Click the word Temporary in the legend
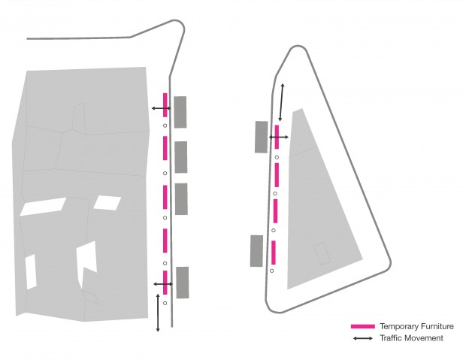coord(398,327)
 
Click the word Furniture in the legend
coord(436,327)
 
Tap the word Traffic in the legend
coord(392,338)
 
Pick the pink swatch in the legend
coord(362,327)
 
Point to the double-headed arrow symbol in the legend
coord(362,338)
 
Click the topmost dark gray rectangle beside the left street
coord(180,111)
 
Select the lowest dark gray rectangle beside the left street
coord(182,283)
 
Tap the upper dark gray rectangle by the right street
coord(262,136)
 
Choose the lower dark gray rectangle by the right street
coord(257,250)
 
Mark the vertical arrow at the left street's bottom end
coord(158,313)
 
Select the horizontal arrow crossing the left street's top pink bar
coord(160,109)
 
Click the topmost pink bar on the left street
coord(165,105)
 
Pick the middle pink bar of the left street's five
coord(165,196)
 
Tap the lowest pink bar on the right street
coord(274,252)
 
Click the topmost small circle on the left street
coord(165,127)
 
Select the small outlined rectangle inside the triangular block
coord(322,253)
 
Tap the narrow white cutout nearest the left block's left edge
coord(31,271)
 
